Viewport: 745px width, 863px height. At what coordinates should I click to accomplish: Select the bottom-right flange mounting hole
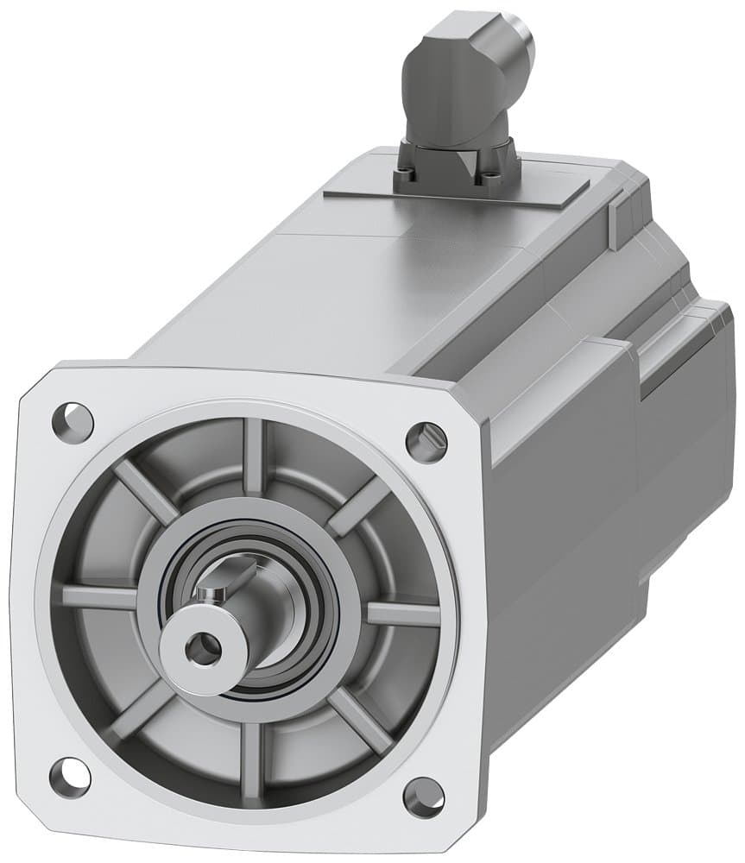coord(423,797)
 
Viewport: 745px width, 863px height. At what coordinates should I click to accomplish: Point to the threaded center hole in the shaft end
coord(204,646)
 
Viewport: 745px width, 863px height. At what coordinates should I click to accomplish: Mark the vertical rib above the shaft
coord(254,457)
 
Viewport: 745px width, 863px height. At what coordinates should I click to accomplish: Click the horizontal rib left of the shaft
coord(100,596)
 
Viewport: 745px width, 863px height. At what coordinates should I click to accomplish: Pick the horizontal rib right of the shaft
coord(402,614)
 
